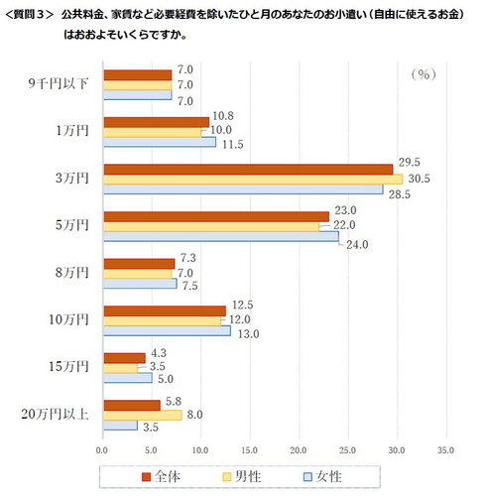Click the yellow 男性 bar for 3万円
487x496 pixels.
252,179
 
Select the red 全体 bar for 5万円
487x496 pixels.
215,215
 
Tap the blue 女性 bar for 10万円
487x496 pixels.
167,330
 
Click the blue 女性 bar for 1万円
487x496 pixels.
159,142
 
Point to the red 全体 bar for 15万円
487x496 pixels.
124,357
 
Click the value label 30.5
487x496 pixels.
420,179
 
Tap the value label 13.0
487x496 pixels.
248,333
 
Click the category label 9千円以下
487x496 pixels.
59,84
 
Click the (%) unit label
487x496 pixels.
424,73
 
